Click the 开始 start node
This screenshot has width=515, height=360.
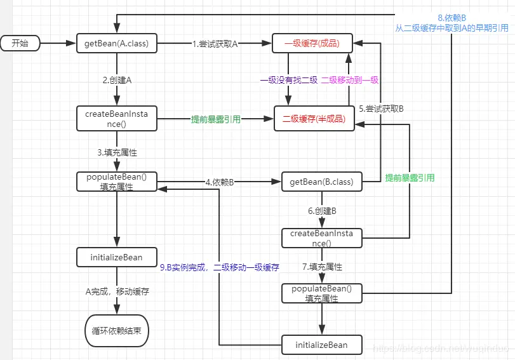[20, 43]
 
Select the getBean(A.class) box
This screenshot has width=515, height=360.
[116, 44]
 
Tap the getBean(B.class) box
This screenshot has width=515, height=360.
[321, 183]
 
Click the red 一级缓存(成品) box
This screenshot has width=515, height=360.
[311, 44]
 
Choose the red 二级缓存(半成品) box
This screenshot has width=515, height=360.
[314, 119]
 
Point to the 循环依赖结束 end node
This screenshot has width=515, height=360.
[117, 331]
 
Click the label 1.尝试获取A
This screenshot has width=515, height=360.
[215, 44]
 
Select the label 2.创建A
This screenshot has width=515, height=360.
[117, 81]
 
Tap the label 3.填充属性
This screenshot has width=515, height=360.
[117, 153]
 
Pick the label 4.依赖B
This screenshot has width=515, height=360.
[220, 183]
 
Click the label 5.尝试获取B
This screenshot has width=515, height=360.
[381, 109]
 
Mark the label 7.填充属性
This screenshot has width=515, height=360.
[321, 267]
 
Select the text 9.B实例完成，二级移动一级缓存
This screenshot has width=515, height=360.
[219, 267]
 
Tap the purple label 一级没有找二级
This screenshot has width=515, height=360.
[288, 80]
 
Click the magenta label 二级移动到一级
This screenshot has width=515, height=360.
[350, 80]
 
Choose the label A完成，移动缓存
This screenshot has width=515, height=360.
[117, 291]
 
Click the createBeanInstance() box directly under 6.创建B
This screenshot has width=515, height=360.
[321, 238]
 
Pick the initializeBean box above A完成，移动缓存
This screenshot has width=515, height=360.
[117, 257]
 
